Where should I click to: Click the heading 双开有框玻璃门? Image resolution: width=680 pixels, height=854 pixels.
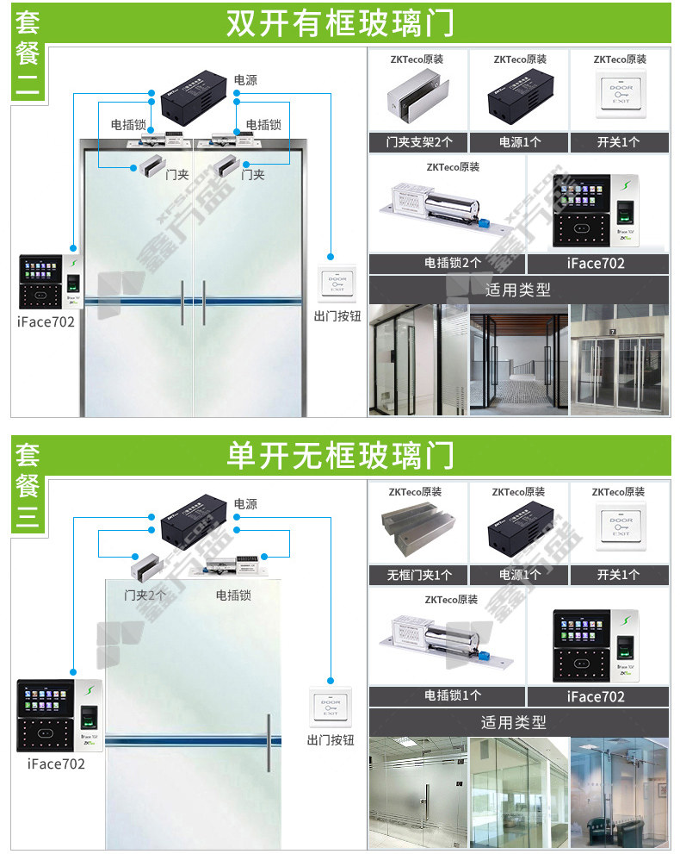click(x=339, y=23)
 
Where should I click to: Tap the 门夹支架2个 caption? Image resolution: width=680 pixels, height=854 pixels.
click(x=418, y=142)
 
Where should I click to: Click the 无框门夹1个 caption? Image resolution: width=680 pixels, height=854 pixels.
click(x=418, y=575)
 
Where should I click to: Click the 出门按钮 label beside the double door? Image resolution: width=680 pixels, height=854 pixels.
click(x=337, y=315)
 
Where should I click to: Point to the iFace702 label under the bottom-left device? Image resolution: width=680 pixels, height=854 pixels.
click(x=56, y=764)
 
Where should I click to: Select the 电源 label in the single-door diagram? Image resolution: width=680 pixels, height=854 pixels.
click(x=245, y=503)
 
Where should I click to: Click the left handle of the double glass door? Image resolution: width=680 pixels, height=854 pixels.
click(x=182, y=302)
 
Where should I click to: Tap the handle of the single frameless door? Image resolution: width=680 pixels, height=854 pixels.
click(x=268, y=742)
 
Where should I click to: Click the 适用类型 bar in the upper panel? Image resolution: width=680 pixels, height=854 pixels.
click(x=518, y=290)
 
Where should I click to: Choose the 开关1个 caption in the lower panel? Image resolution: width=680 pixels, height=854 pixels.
click(x=618, y=575)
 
